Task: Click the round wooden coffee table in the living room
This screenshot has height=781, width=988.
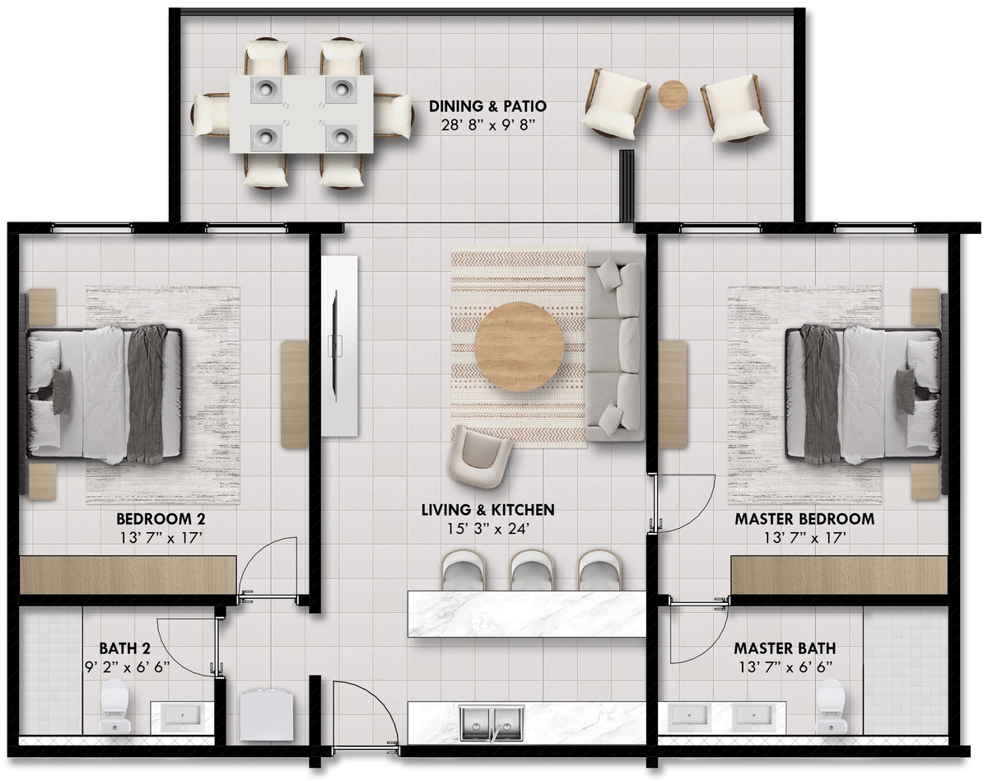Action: [519, 346]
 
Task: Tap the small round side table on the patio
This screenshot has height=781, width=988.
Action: [673, 95]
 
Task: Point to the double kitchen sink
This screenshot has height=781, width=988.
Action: [492, 721]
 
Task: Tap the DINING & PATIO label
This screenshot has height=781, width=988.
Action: [487, 106]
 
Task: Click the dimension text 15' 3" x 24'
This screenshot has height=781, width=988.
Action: [488, 529]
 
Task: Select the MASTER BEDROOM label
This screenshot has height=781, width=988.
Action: [804, 519]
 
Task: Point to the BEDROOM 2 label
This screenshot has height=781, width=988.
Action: [161, 519]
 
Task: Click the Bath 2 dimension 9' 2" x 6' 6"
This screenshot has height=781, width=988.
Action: [128, 667]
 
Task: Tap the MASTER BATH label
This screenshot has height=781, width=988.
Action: [785, 648]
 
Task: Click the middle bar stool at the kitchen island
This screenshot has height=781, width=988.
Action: [532, 569]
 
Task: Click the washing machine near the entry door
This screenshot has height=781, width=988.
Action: [267, 715]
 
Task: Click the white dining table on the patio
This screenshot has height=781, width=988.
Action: [301, 114]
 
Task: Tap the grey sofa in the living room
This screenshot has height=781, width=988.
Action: [613, 346]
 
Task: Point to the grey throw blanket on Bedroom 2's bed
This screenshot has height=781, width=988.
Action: [147, 393]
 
